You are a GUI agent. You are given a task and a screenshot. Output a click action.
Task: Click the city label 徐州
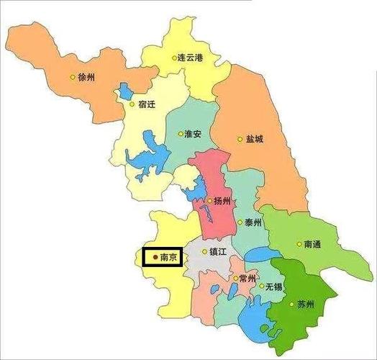(x=86, y=76)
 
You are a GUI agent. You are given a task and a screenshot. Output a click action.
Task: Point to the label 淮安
(x=192, y=135)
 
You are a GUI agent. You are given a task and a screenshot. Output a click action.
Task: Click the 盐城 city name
(x=254, y=139)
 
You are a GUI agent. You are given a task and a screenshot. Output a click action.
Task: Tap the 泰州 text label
(x=253, y=222)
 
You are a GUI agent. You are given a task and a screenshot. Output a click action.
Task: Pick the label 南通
(x=312, y=245)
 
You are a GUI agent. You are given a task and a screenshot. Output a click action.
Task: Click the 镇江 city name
(x=218, y=252)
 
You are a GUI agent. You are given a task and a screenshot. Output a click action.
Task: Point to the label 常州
(x=248, y=279)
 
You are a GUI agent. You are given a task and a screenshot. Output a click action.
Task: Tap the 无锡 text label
(x=274, y=286)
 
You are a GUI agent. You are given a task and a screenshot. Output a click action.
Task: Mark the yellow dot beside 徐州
(x=72, y=77)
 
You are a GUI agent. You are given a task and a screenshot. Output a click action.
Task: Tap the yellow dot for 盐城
(x=240, y=140)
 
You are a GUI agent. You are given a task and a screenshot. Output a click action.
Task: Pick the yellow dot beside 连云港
(x=174, y=58)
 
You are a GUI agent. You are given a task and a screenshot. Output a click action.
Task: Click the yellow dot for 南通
(x=299, y=245)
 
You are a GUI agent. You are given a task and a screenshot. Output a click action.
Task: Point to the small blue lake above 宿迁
(x=127, y=91)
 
